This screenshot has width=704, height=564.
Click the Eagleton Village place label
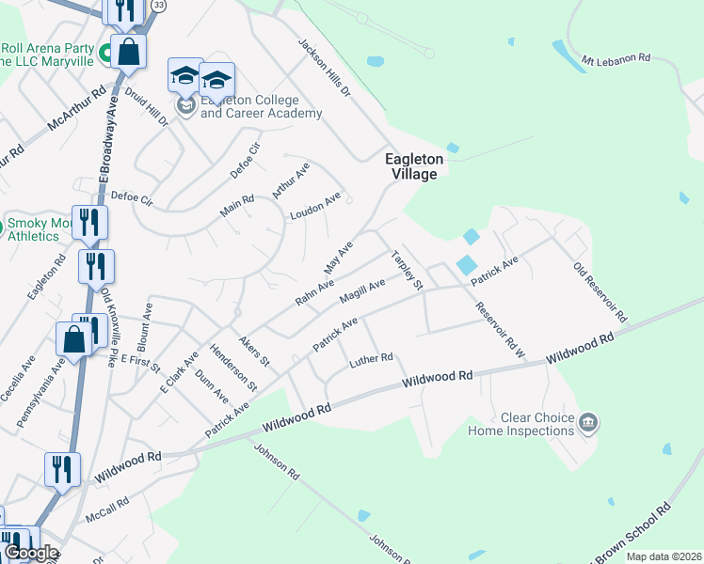(x=414, y=166)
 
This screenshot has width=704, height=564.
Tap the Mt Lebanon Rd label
(x=616, y=58)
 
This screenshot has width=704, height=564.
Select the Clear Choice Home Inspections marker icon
(x=589, y=423)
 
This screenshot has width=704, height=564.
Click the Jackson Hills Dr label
(x=325, y=68)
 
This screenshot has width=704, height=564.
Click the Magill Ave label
(x=362, y=292)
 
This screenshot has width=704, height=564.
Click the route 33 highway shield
(x=159, y=6)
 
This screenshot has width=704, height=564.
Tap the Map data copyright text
(x=663, y=556)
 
